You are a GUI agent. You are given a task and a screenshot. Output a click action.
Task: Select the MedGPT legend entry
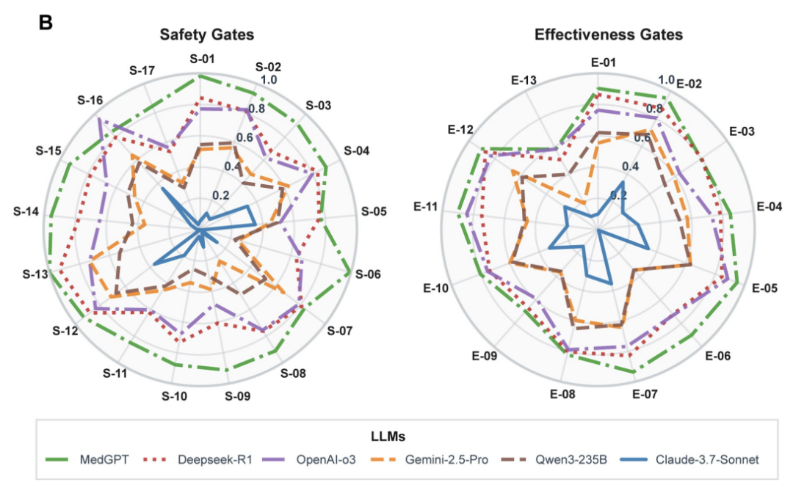[96, 460]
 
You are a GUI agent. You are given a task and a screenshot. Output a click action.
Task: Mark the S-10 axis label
[174, 396]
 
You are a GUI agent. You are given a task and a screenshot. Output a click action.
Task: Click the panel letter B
[46, 23]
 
